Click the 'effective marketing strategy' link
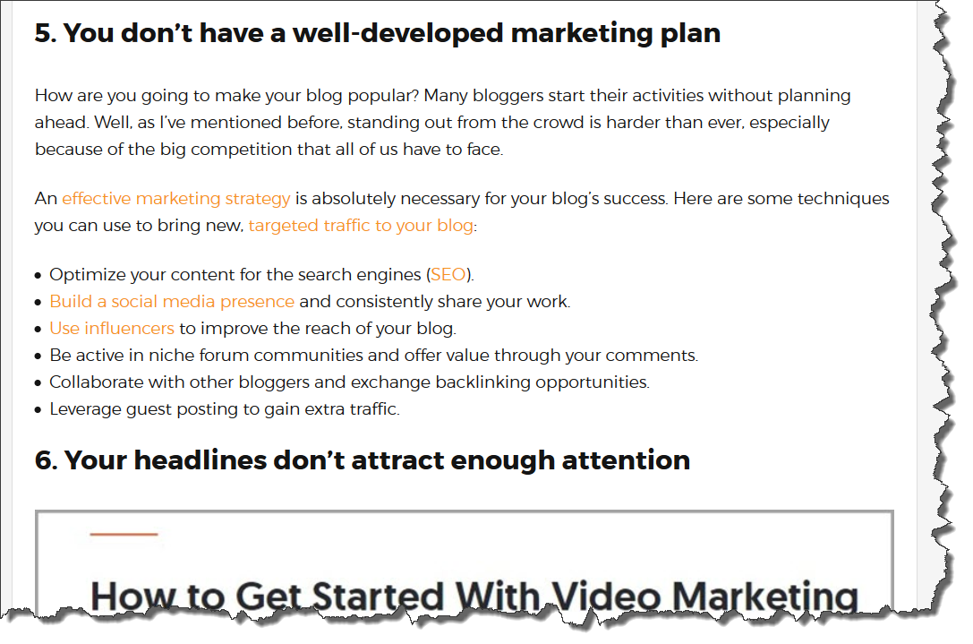click(x=176, y=199)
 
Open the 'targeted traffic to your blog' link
click(x=361, y=226)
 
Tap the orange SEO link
click(x=448, y=274)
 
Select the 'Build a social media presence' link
click(x=172, y=302)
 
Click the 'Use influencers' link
click(x=112, y=329)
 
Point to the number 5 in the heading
click(x=45, y=33)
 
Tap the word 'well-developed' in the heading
click(x=397, y=33)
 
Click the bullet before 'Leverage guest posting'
click(x=38, y=410)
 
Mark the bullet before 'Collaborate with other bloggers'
click(x=38, y=383)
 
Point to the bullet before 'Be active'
click(x=38, y=356)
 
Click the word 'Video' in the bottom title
click(x=606, y=597)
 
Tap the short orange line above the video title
click(x=124, y=534)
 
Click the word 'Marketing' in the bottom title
click(x=765, y=597)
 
